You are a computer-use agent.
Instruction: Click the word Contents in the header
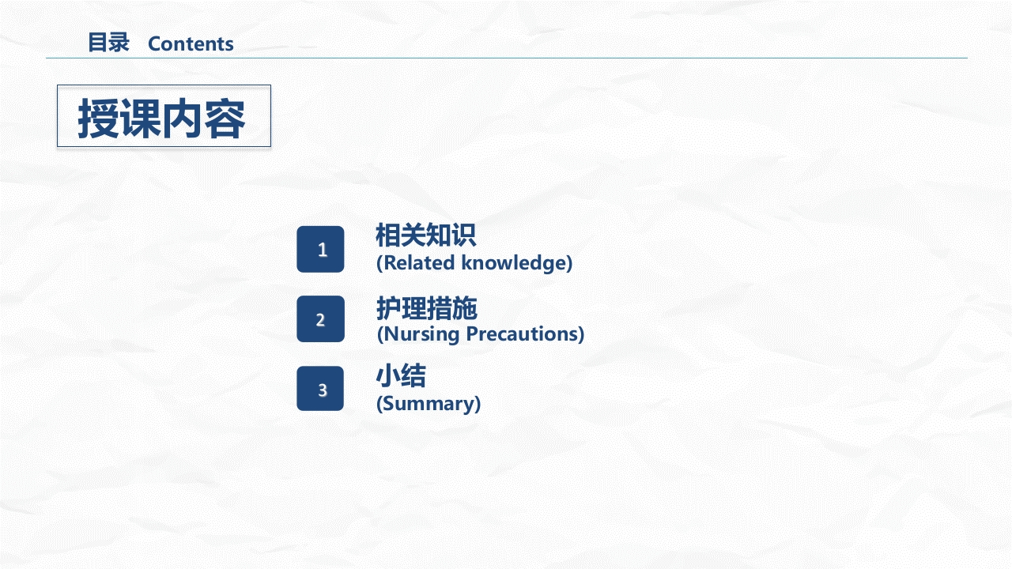coord(191,44)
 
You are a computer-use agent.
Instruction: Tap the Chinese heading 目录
coord(108,43)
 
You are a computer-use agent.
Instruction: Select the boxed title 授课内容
coord(164,116)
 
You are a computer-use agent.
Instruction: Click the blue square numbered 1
coord(320,250)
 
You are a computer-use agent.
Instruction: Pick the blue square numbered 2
coord(320,319)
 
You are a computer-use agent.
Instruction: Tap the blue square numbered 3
coord(320,389)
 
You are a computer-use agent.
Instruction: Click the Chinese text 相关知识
coord(425,236)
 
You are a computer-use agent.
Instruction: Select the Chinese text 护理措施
coord(426,307)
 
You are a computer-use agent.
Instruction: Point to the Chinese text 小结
coord(401,376)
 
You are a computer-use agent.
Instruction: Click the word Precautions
coord(524,333)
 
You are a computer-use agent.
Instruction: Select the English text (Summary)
coord(429,404)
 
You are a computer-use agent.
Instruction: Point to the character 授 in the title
coord(98,119)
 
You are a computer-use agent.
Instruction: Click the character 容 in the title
coord(225,119)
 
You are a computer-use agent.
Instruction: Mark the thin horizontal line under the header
coord(506,58)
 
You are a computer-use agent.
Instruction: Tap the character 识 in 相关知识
coord(463,236)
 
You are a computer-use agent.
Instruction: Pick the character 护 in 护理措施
coord(388,307)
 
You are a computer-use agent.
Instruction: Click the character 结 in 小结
coord(413,376)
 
